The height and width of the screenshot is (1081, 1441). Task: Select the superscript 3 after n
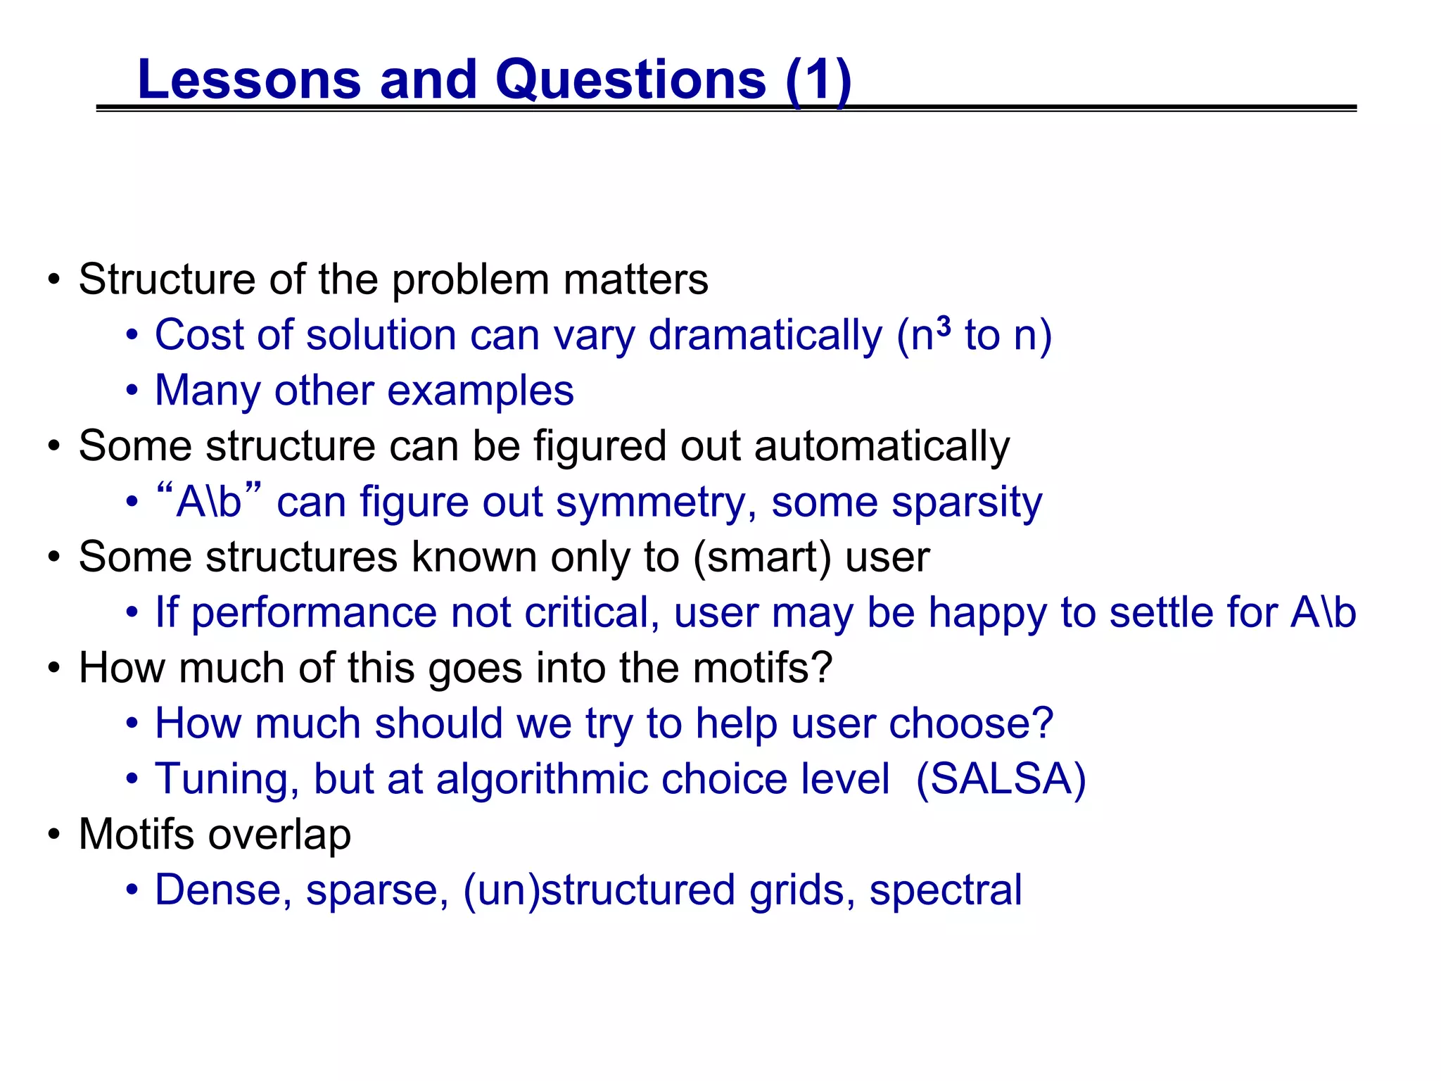click(x=944, y=326)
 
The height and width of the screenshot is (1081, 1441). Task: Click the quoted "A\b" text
click(x=209, y=501)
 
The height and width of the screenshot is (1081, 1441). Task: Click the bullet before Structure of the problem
click(x=54, y=280)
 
